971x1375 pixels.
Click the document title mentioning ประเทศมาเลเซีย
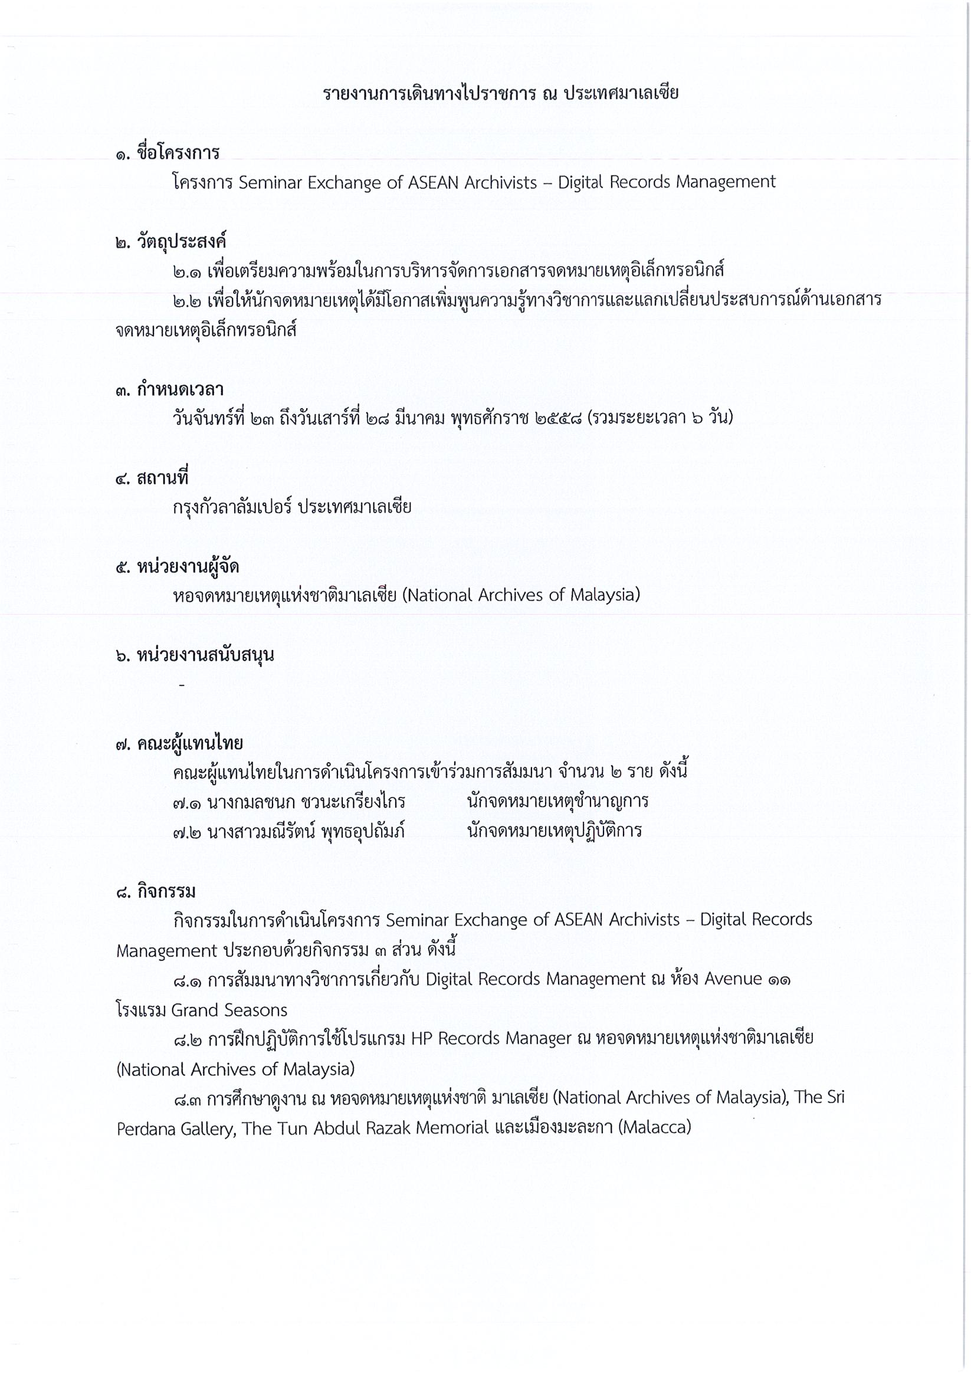[x=500, y=94]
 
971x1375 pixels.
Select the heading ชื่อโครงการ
[x=178, y=153]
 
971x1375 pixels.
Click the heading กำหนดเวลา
[x=181, y=390]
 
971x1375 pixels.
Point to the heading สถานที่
[x=162, y=478]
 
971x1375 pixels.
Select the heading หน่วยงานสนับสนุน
[x=205, y=655]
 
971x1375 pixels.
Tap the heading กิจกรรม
[x=166, y=892]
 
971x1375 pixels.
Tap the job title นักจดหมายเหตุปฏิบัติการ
[x=554, y=831]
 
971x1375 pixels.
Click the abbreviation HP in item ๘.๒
[x=423, y=1038]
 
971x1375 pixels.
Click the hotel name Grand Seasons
[x=229, y=1010]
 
